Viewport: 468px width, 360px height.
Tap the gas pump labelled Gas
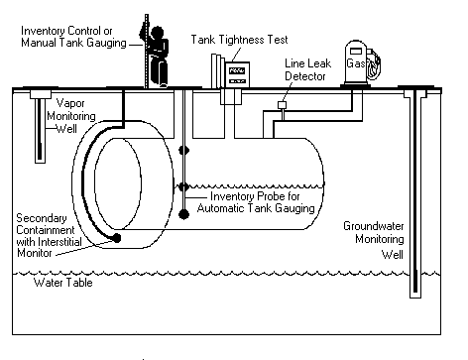[x=354, y=64]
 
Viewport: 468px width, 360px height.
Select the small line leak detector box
[x=282, y=105]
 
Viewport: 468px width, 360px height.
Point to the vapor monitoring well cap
[x=43, y=95]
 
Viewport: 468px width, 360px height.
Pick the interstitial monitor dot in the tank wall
[x=118, y=239]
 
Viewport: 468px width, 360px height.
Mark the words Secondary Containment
[x=39, y=222]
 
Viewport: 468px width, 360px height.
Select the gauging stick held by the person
[x=146, y=50]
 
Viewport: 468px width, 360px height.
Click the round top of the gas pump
[x=354, y=46]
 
